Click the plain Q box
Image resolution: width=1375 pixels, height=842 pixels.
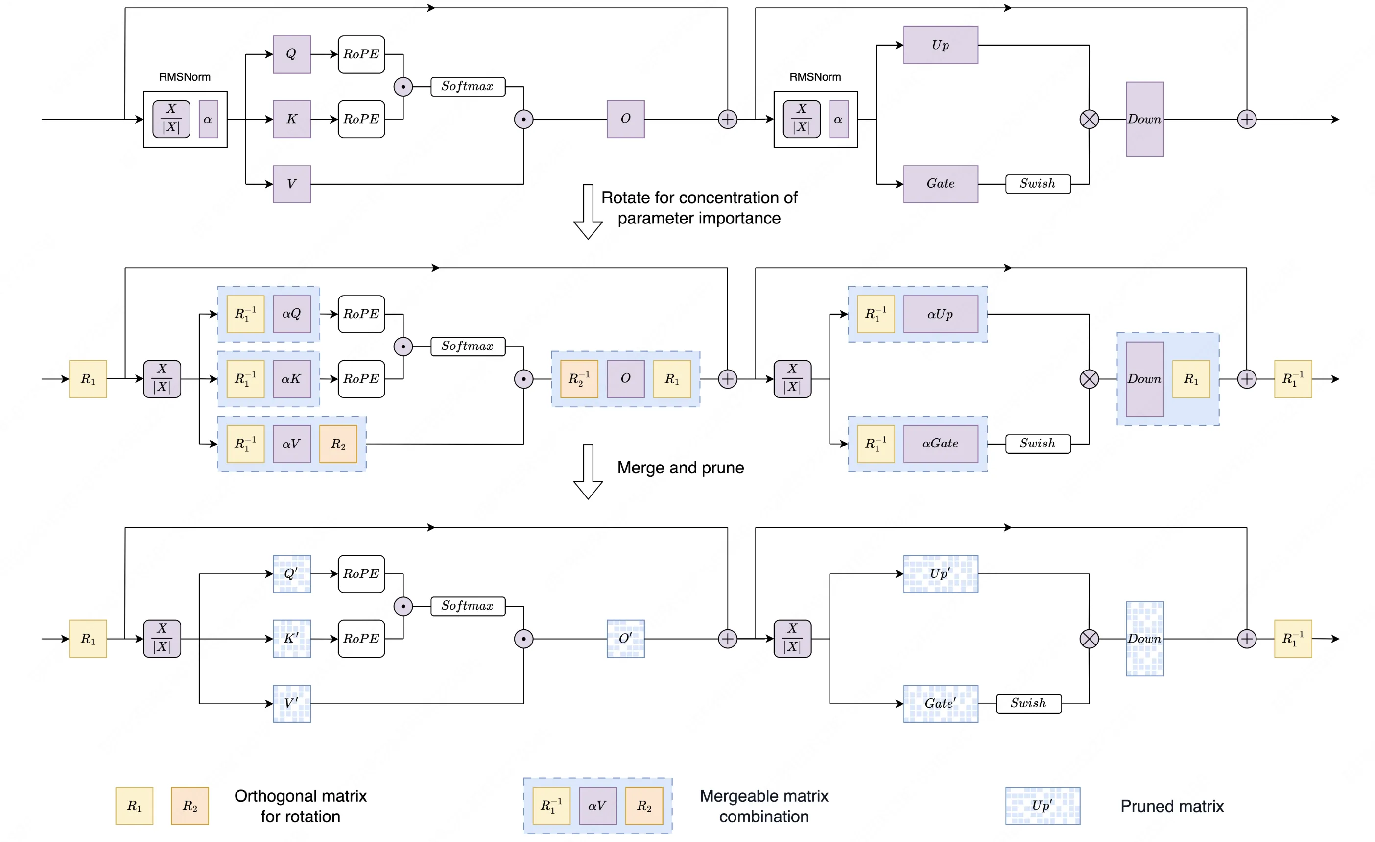click(x=291, y=54)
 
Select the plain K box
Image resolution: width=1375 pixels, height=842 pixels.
click(x=291, y=119)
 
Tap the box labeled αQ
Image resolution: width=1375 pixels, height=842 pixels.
click(x=291, y=314)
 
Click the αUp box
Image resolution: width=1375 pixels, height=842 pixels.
click(x=940, y=314)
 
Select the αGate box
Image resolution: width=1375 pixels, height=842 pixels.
click(x=940, y=444)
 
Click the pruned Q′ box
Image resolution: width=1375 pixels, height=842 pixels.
click(x=291, y=573)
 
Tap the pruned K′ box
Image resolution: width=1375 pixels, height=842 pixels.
click(x=291, y=638)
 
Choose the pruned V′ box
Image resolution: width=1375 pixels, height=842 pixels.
click(x=291, y=703)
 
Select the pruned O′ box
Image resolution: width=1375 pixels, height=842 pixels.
click(x=626, y=638)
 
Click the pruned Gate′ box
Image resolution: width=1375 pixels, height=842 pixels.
click(x=940, y=703)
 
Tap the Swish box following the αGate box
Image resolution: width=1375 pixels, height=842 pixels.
click(x=1038, y=444)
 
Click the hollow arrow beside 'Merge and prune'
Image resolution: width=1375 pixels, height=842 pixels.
click(x=588, y=472)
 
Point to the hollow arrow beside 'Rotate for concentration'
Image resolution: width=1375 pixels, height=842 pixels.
click(x=588, y=212)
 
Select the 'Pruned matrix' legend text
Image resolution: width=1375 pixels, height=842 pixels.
click(x=1172, y=806)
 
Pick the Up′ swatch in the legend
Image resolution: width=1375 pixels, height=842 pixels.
click(x=1043, y=806)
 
